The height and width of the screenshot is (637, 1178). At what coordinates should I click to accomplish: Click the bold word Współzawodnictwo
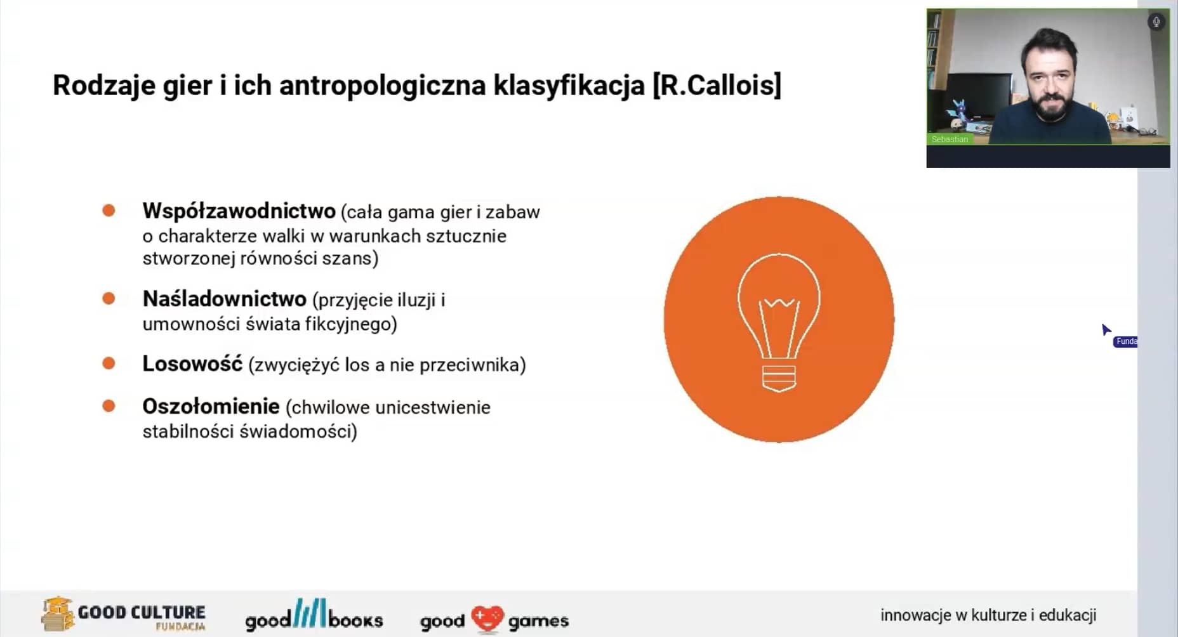(239, 211)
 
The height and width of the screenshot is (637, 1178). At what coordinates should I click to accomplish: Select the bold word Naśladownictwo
(224, 299)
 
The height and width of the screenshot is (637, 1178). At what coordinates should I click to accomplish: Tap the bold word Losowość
(192, 364)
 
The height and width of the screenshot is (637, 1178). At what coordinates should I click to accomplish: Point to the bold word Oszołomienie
(211, 407)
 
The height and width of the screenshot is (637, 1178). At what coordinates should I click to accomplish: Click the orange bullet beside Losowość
(109, 363)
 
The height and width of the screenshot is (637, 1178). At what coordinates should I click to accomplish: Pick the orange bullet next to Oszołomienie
(109, 405)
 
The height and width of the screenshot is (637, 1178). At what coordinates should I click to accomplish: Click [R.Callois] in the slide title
(717, 86)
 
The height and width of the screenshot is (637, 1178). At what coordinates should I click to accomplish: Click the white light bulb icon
(779, 322)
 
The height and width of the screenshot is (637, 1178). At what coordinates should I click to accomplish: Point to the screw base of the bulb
(779, 378)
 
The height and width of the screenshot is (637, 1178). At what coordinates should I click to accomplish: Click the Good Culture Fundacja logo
(124, 614)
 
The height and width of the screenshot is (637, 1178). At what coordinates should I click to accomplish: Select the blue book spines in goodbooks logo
(310, 612)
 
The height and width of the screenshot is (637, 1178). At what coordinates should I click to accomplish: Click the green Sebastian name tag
(950, 139)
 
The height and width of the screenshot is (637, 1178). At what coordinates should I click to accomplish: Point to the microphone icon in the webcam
(1156, 22)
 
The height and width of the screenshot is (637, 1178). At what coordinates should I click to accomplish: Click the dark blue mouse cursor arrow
(1106, 330)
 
